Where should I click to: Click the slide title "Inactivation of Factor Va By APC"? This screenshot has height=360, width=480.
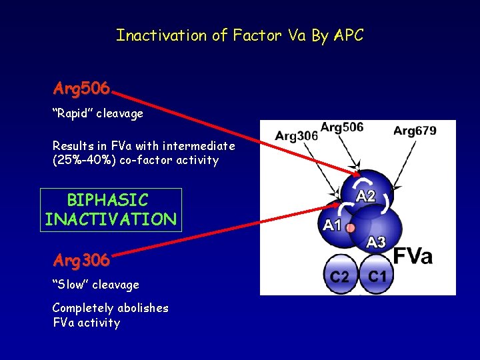pos(240,35)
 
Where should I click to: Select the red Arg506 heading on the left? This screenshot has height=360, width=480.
pos(82,89)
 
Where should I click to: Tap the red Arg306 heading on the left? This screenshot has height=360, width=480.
pos(81,260)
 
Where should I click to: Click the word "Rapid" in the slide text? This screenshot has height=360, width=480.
pos(72,114)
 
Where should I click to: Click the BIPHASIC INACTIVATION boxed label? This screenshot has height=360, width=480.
pos(110,209)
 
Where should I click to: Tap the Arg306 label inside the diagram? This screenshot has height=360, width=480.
pos(296,136)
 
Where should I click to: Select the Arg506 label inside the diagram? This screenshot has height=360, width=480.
pos(342,127)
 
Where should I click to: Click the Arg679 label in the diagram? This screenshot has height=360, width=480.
pos(415,131)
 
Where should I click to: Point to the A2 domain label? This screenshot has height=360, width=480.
pos(366,196)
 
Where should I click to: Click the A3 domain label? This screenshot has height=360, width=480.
pos(376,241)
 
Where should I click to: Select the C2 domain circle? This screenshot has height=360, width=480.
pos(340,275)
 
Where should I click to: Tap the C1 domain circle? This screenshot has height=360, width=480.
pos(377,275)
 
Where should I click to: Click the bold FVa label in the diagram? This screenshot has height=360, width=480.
pos(413,256)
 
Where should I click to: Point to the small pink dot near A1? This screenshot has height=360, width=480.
pos(351,228)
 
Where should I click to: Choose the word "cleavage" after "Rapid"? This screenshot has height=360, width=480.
pos(119,114)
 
